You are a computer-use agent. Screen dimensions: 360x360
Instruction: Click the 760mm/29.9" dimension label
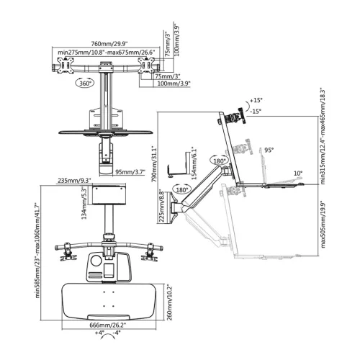[109, 44]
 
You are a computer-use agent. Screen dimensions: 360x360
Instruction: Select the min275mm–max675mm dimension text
[107, 52]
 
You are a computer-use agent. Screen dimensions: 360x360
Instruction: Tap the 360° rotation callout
[85, 84]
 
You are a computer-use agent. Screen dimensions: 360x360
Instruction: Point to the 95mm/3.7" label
[130, 172]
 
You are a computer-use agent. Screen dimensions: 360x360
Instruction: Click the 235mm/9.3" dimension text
[73, 180]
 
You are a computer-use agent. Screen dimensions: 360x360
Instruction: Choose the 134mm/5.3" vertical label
[84, 202]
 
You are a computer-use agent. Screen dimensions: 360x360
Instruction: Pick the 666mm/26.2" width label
[108, 325]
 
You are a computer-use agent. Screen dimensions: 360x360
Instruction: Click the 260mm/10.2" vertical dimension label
[169, 302]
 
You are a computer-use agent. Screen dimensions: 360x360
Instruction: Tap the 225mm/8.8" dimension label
[161, 206]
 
